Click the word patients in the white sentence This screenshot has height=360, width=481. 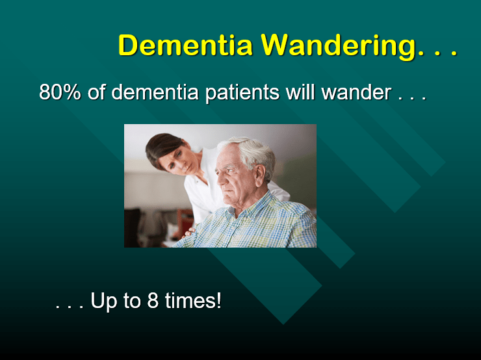(x=243, y=92)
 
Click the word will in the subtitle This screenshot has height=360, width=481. (x=301, y=92)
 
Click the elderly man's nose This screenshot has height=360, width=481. (x=219, y=175)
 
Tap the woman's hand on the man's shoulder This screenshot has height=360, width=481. (x=190, y=231)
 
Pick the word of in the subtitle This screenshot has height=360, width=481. (x=96, y=92)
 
